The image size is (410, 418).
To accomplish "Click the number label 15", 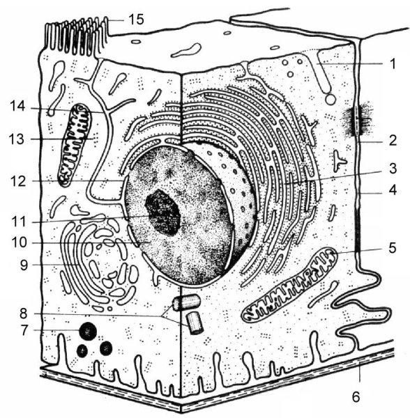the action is (136, 20).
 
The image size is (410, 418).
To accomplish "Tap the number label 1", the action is (392, 64).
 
